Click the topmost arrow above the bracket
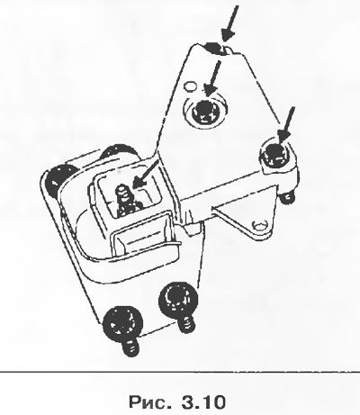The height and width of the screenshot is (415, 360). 230,23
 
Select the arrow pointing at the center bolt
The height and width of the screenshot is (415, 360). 212,78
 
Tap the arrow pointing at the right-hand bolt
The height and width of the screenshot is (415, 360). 286,125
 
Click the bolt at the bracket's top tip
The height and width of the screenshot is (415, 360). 215,49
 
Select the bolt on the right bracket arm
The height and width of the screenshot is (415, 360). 276,155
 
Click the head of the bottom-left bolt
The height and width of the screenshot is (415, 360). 123,321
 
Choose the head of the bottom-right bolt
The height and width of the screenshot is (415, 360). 178,298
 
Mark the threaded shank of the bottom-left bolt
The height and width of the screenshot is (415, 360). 130,347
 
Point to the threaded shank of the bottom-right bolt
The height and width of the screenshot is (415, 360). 186,322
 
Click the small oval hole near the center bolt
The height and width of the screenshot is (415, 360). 190,86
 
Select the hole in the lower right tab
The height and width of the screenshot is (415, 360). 260,225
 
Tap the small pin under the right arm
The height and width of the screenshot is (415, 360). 287,196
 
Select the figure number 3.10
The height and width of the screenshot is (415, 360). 203,401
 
